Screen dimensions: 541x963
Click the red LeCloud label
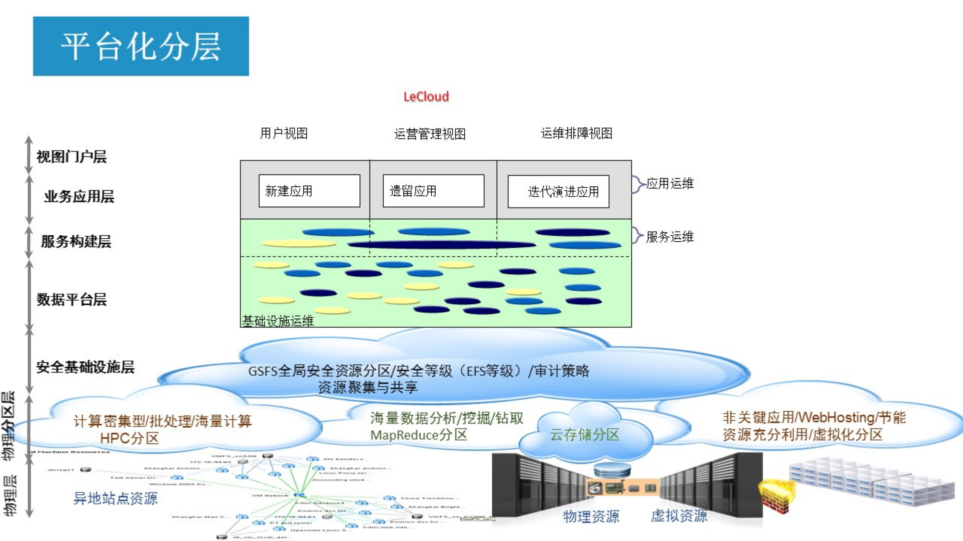[x=426, y=97]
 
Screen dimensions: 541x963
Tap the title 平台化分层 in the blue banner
[x=141, y=46]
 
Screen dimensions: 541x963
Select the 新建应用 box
[x=309, y=191]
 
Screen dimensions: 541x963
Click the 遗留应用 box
[x=433, y=191]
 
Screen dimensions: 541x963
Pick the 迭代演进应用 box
[x=558, y=191]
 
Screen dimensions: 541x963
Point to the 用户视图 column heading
[x=284, y=133]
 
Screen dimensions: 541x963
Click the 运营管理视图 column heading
[x=429, y=134]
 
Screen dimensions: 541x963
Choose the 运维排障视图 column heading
[x=576, y=133]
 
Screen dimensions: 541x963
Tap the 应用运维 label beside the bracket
[x=669, y=183]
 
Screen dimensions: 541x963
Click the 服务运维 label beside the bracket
[x=669, y=237]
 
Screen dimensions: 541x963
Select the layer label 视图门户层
[x=72, y=157]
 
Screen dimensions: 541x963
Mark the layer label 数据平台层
[x=72, y=300]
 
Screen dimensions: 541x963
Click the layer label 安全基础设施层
[x=85, y=367]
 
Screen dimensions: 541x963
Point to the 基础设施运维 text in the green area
[x=278, y=321]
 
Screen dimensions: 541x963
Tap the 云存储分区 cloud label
[x=584, y=435]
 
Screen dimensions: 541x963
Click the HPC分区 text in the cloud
[x=129, y=438]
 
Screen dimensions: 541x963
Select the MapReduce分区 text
[x=418, y=435]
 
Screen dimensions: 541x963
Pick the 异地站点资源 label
[x=115, y=498]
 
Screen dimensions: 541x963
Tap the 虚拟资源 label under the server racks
[x=679, y=515]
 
